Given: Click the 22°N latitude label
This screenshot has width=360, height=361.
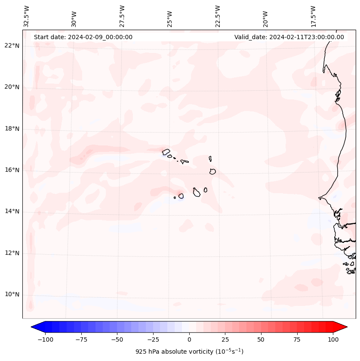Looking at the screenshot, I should [12, 46].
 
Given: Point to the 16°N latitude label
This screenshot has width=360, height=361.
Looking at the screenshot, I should [12, 170].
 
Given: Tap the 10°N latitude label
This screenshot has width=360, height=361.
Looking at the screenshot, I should [12, 295].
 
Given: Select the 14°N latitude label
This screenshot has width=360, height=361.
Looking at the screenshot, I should [12, 212].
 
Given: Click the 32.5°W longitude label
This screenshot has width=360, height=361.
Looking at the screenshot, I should [27, 16].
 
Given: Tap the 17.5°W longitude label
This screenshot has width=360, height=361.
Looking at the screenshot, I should [314, 16].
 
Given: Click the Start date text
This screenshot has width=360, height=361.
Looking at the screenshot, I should [83, 37].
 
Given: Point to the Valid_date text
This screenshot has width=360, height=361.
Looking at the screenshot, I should [289, 37].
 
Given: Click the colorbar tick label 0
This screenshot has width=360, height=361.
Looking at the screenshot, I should [189, 339].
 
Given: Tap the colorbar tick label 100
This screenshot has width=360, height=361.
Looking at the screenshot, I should [333, 339].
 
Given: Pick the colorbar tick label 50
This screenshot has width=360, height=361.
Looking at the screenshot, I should [261, 339].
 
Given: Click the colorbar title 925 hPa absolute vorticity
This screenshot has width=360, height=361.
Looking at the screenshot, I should [189, 352].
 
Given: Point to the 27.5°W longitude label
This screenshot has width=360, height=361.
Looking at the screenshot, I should [122, 16].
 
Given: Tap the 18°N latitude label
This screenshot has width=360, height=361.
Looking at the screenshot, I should [12, 129].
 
